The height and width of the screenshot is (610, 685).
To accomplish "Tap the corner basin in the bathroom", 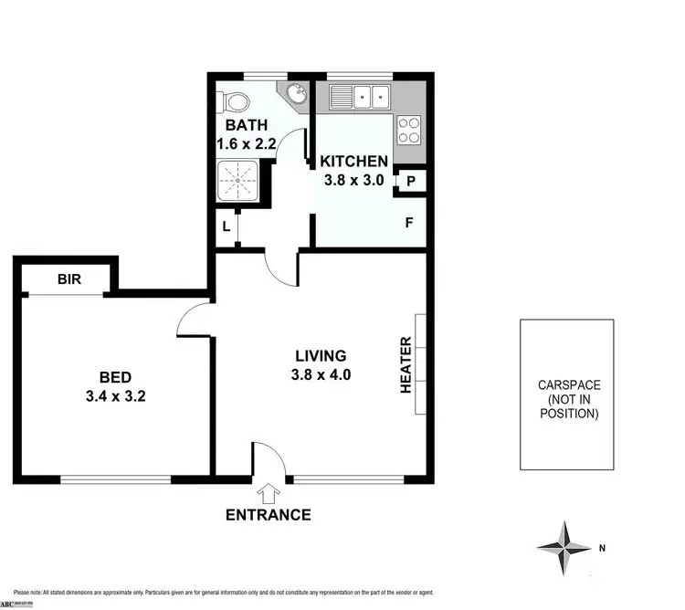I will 297,94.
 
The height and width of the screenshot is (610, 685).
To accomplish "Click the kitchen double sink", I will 360,95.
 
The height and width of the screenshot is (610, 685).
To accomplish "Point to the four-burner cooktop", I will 410,131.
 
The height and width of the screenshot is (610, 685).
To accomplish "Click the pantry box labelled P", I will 411,181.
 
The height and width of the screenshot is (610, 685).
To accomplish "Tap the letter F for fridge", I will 408,222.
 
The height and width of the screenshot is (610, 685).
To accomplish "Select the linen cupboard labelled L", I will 226,227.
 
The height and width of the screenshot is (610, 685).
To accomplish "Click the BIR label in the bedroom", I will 68,279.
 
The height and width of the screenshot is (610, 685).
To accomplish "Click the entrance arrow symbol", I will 269,494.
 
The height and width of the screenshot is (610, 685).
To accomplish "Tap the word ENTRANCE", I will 268,515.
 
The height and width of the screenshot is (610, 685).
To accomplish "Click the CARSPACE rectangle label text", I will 568,399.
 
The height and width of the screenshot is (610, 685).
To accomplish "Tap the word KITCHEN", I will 354,162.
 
